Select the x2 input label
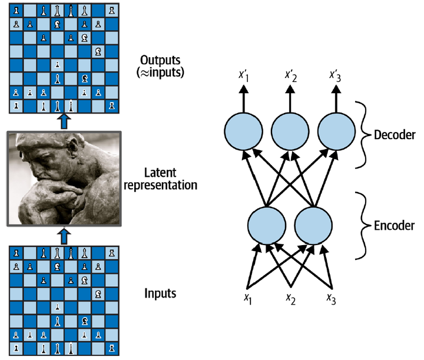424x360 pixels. [x=290, y=298]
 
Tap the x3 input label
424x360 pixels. [x=332, y=298]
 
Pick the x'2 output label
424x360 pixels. [x=290, y=76]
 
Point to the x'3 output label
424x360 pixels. [x=336, y=76]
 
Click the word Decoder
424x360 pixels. [x=395, y=135]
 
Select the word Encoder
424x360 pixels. [x=394, y=225]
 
